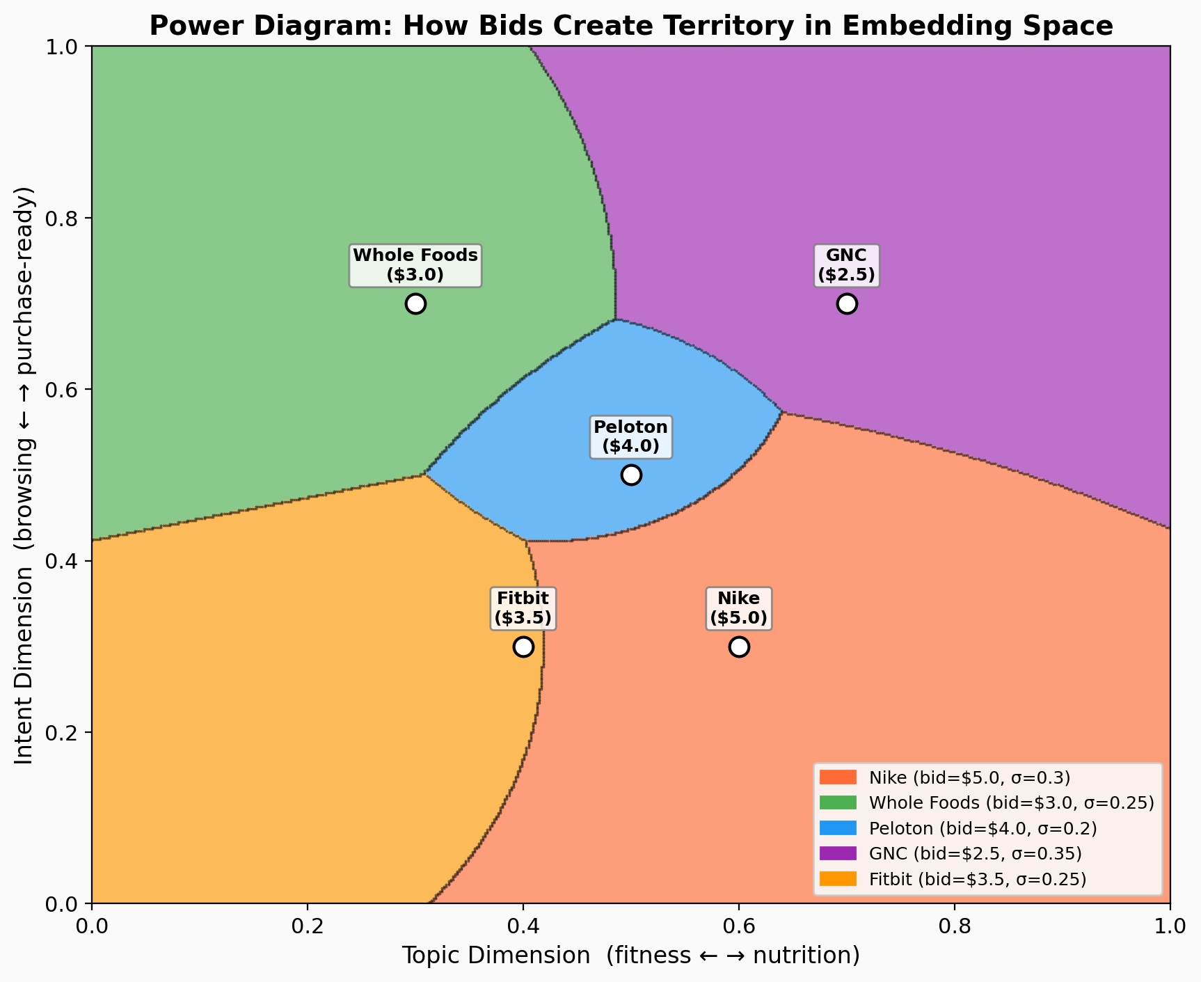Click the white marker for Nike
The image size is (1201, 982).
(739, 647)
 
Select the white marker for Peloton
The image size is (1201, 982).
(631, 475)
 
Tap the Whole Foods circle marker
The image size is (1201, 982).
(415, 303)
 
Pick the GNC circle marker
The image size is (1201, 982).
(847, 303)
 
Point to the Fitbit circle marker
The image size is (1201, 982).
(523, 647)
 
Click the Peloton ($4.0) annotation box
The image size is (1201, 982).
(630, 436)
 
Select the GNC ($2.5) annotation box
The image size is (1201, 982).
(846, 265)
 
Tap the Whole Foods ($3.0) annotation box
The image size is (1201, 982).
(415, 265)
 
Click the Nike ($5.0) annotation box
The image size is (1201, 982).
(738, 608)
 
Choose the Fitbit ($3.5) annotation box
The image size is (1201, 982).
(523, 608)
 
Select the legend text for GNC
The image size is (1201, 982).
(975, 853)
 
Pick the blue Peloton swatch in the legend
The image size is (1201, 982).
(838, 828)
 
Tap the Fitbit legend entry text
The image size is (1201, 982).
(977, 879)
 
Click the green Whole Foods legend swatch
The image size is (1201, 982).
(838, 802)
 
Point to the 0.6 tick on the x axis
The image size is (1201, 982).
(738, 928)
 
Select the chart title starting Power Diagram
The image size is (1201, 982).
(630, 26)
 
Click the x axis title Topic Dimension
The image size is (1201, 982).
(630, 956)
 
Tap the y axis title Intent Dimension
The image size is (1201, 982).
(25, 475)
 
